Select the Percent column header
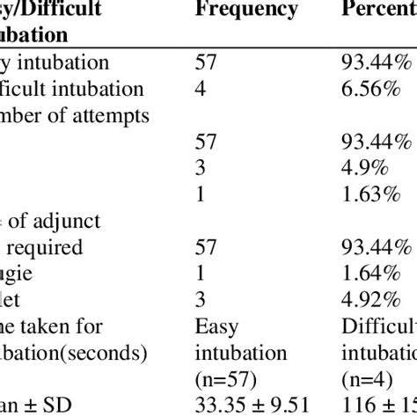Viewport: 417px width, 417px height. click(377, 11)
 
